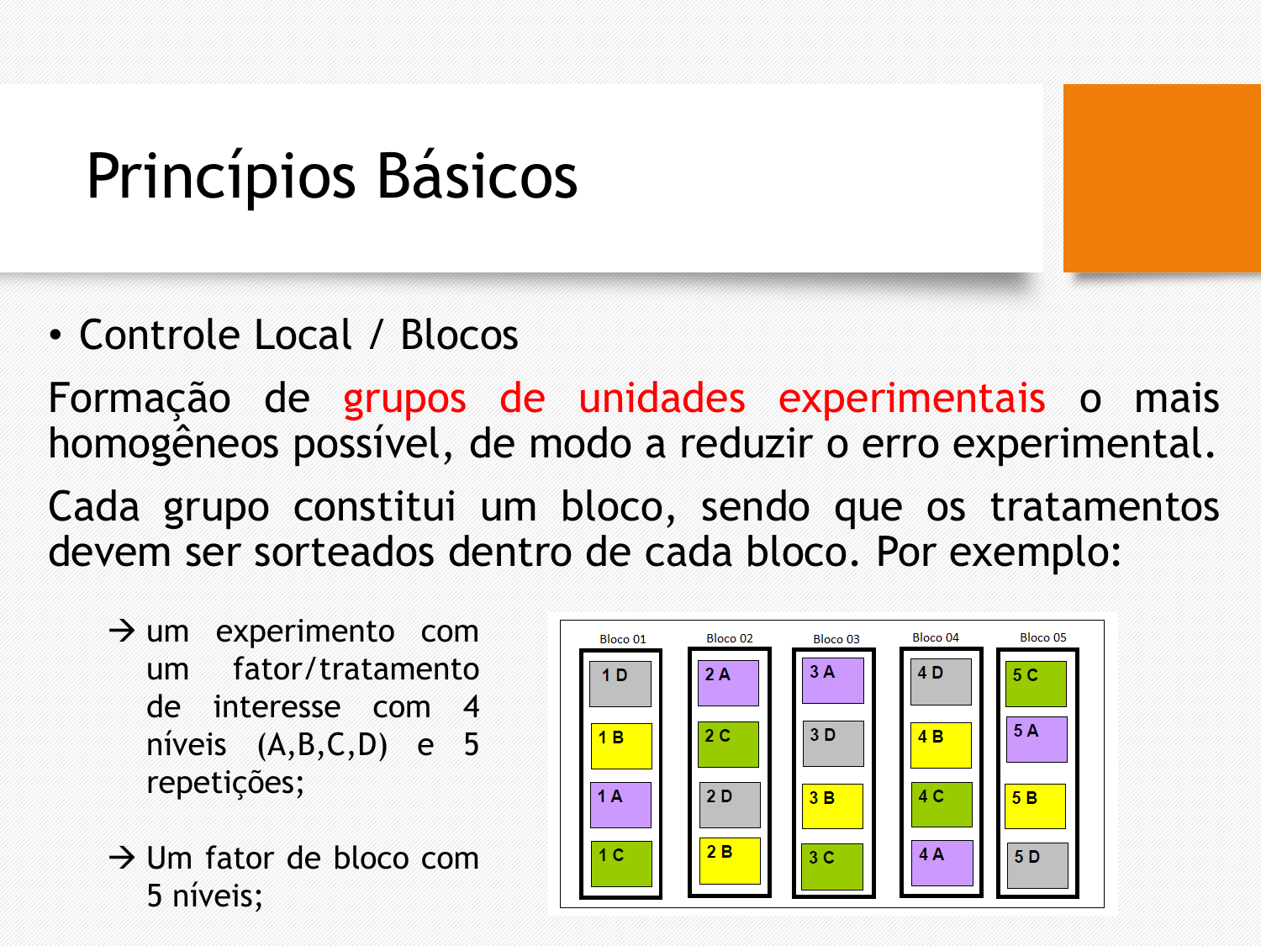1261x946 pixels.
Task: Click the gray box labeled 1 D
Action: [x=620, y=684]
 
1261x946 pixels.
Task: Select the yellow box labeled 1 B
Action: [x=621, y=746]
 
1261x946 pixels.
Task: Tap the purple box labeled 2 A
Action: [x=729, y=683]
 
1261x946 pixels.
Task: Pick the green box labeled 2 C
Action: [x=729, y=744]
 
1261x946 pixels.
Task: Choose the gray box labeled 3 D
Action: [x=833, y=744]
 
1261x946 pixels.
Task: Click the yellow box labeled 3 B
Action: [x=832, y=806]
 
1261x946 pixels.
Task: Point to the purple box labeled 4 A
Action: [x=942, y=863]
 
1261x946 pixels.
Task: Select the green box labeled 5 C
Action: [x=1036, y=684]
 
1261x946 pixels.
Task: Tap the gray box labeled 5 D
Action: [x=1037, y=865]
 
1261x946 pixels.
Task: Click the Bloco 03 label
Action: [x=836, y=639]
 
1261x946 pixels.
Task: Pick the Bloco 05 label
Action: [x=1042, y=637]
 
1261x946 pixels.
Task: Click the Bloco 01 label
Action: [x=623, y=639]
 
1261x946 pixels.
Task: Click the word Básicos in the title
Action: [x=477, y=176]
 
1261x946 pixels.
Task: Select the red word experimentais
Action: [x=912, y=398]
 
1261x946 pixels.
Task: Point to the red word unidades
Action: [x=662, y=397]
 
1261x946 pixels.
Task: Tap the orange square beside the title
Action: [x=1162, y=178]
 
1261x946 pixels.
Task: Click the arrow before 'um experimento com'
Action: [x=122, y=632]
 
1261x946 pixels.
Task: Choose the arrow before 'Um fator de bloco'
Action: [x=122, y=858]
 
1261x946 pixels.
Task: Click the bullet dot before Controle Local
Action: [x=55, y=335]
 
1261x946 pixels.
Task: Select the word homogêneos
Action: [x=163, y=443]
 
